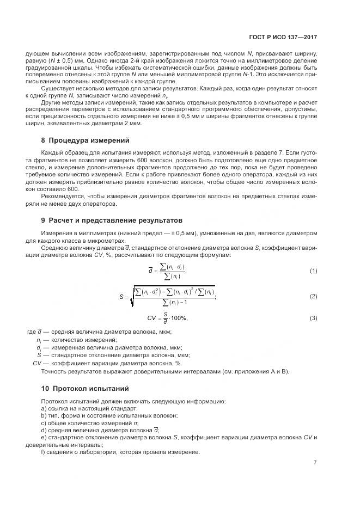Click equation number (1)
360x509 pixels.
(313, 271)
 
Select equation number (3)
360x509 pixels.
(313, 318)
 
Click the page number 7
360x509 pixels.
(315, 463)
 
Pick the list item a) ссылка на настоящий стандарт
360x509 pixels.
(89, 408)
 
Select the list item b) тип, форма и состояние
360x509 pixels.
(109, 415)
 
